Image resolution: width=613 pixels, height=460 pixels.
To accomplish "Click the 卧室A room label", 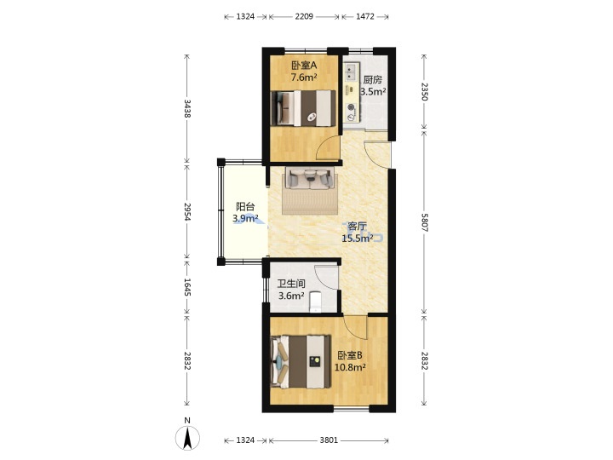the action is tap(304, 66).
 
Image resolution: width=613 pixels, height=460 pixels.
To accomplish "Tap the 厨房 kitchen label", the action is tap(372, 80).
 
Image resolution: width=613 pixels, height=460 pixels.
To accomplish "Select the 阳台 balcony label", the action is tap(245, 206).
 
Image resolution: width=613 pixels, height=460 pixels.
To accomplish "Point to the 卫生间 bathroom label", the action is tap(291, 284).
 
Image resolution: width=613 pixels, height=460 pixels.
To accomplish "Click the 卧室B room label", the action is tap(350, 355).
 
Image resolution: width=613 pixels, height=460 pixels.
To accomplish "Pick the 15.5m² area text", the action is tap(357, 239).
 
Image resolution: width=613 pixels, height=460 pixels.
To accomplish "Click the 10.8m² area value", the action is tap(350, 367).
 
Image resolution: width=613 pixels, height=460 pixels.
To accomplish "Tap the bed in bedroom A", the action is tap(303, 108).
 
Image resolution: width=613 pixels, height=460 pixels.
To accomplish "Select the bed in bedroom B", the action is tap(301, 362).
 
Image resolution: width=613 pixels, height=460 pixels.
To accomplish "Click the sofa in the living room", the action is tap(310, 178).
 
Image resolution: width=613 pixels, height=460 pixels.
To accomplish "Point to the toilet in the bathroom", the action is tap(315, 302).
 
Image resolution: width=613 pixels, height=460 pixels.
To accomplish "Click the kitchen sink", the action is tap(351, 72).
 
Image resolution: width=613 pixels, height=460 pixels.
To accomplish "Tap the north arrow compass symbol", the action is tap(187, 437).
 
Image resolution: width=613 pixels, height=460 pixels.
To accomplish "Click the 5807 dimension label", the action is tap(425, 222).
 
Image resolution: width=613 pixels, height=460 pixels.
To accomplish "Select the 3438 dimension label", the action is tap(187, 109).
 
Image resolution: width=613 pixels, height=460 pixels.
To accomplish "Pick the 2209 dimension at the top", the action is tap(304, 16).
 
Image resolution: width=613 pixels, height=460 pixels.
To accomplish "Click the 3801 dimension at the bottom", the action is tap(329, 440).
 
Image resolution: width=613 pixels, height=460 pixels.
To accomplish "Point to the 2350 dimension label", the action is tap(425, 91).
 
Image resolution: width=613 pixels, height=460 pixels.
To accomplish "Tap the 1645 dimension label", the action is tap(187, 287).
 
